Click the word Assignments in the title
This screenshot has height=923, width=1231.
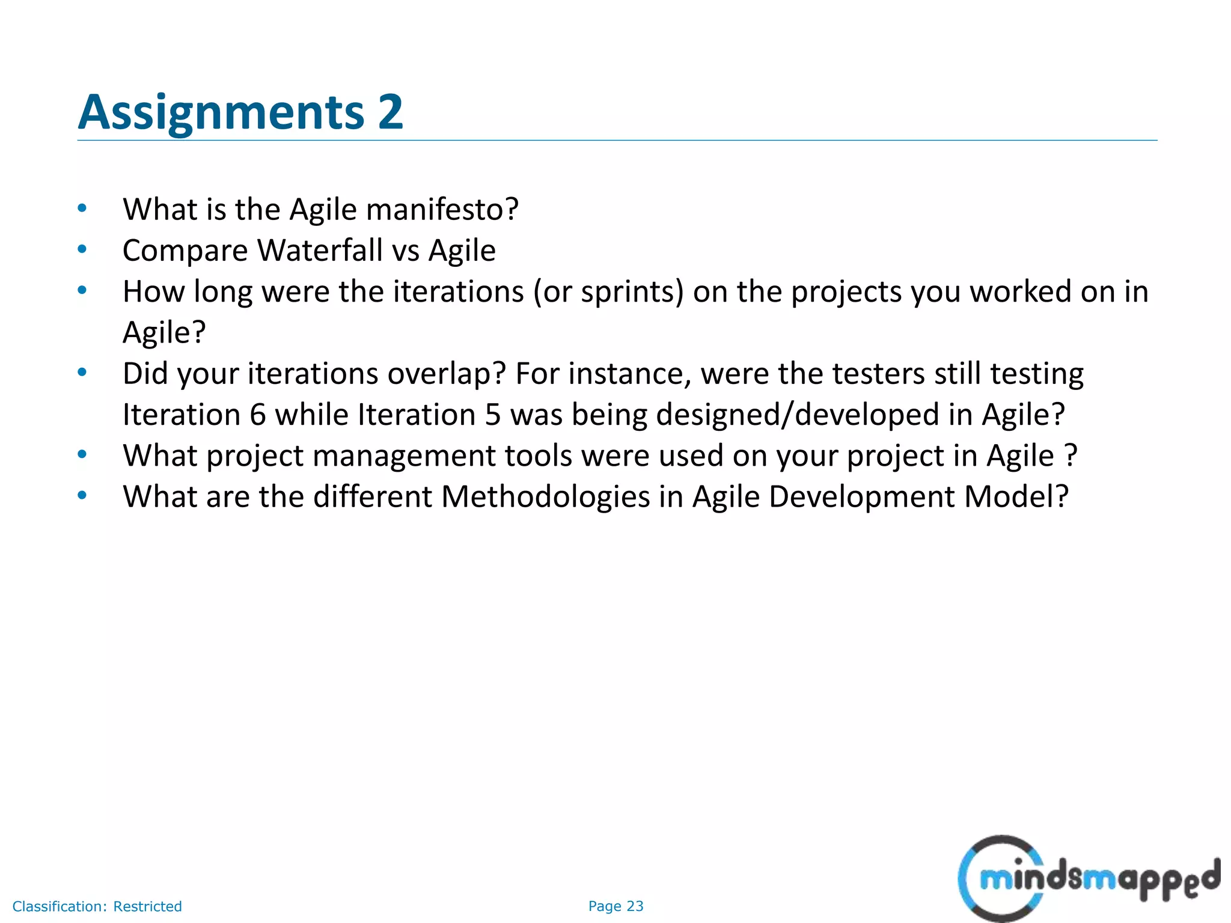[x=221, y=112]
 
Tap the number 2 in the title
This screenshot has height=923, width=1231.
[x=390, y=112]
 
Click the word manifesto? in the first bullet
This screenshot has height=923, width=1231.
[x=442, y=210]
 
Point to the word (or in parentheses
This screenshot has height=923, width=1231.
[x=552, y=292]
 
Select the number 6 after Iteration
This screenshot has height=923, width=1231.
[x=257, y=415]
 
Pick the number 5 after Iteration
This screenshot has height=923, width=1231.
[x=492, y=415]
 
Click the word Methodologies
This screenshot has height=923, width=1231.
[x=545, y=497]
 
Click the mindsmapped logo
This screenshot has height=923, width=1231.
[x=1088, y=879]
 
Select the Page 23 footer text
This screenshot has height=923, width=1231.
[x=615, y=906]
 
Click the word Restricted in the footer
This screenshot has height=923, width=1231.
[x=147, y=906]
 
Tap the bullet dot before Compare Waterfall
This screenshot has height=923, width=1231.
[x=82, y=249]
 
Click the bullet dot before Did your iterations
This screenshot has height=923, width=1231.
[x=82, y=372]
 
